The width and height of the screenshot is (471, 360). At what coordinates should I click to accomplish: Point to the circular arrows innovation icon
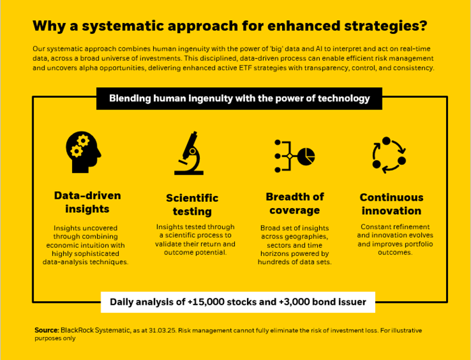[389, 154]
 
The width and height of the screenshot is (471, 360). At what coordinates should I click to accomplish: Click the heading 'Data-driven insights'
[88, 202]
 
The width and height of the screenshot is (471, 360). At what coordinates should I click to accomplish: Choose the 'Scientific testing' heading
[192, 205]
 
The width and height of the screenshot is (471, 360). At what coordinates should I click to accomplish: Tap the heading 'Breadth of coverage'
[295, 203]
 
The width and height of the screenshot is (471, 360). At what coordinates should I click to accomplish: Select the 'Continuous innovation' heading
[391, 204]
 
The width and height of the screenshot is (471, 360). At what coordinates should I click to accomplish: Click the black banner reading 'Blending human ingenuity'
[240, 99]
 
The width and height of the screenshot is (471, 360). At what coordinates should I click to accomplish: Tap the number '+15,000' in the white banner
[200, 302]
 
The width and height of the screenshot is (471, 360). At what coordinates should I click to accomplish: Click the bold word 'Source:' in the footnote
[46, 330]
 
